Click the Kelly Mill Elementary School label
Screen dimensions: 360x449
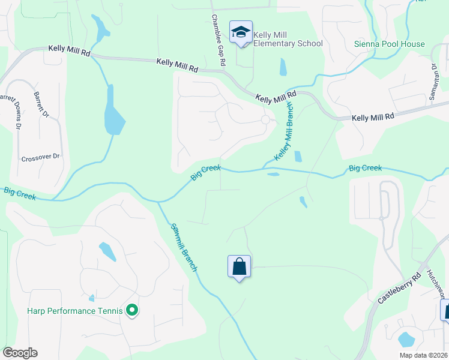pyautogui.click(x=288, y=39)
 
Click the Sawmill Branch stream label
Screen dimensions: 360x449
pyautogui.click(x=184, y=247)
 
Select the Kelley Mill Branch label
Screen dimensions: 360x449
pyautogui.click(x=284, y=131)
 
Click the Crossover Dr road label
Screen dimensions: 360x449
pyautogui.click(x=41, y=157)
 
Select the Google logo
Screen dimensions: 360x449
pyautogui.click(x=20, y=353)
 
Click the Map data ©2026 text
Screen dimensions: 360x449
pyautogui.click(x=424, y=355)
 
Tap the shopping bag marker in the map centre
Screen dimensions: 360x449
pyautogui.click(x=239, y=267)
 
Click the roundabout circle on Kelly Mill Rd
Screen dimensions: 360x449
pyautogui.click(x=265, y=119)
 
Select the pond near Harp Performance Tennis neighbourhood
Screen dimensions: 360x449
pyautogui.click(x=108, y=251)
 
